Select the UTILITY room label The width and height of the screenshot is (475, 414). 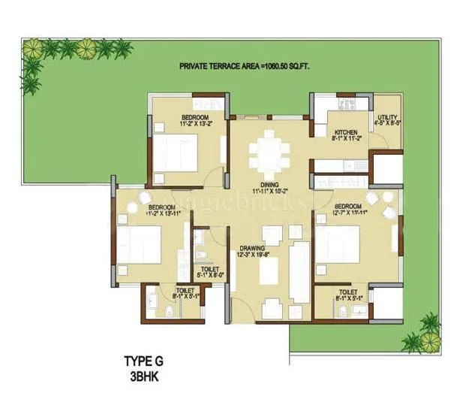[387, 117]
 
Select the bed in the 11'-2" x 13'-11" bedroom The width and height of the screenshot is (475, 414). [140, 246]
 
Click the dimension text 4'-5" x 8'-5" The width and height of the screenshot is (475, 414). [387, 125]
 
